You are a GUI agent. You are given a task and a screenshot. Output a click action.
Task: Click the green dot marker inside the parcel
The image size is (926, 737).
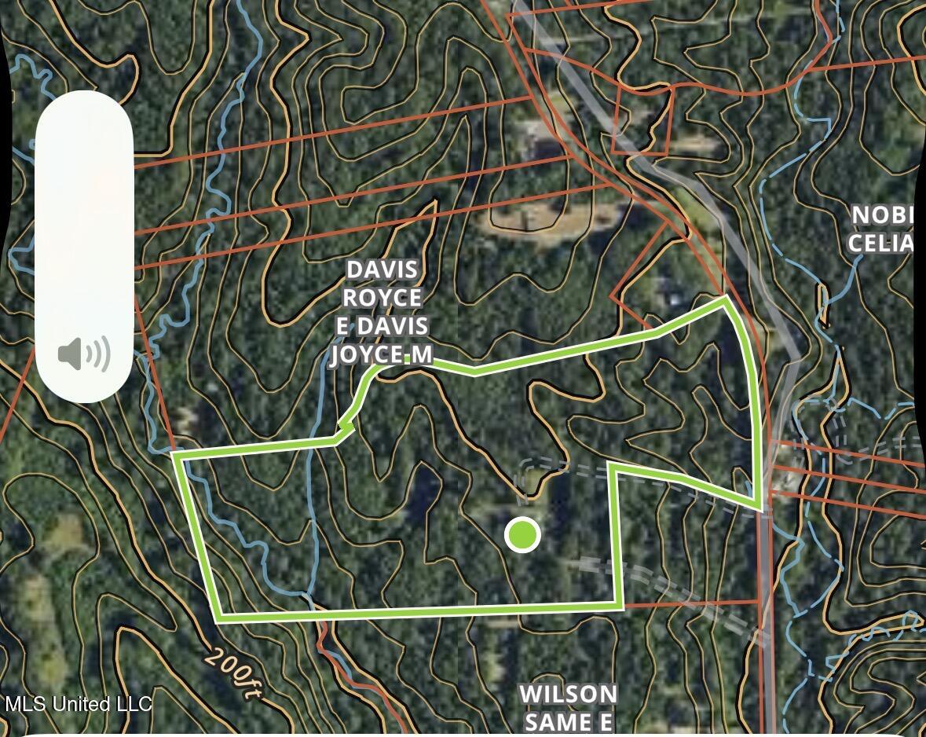(522, 535)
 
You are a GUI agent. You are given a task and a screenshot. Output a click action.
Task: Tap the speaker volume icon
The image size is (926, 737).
(84, 354)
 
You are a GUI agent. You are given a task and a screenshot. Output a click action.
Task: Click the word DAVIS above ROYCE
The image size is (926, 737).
(382, 269)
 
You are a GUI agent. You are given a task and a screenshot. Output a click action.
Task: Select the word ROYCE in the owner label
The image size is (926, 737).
(382, 298)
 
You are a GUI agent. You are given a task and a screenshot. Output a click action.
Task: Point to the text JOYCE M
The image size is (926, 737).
(382, 354)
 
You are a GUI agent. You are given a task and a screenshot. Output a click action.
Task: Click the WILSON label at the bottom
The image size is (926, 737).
(569, 695)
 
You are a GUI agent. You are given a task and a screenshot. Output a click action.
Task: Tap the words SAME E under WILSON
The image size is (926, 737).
(569, 722)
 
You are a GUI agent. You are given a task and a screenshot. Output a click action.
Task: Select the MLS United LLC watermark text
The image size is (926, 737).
(78, 703)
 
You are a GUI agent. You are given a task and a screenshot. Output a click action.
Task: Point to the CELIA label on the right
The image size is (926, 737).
(881, 243)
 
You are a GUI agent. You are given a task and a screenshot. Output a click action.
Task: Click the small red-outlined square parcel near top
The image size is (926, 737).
(642, 119)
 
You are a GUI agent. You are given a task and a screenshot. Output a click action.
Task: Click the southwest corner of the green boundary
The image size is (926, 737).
(219, 618)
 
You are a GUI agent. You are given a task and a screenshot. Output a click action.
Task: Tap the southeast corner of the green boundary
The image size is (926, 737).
(621, 606)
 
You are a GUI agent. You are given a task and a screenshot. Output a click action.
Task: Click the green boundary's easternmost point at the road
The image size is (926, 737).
(759, 508)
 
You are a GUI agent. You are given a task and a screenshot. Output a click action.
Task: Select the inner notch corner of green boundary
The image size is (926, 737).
(612, 466)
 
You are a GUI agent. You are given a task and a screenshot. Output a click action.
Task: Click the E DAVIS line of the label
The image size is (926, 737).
(382, 326)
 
